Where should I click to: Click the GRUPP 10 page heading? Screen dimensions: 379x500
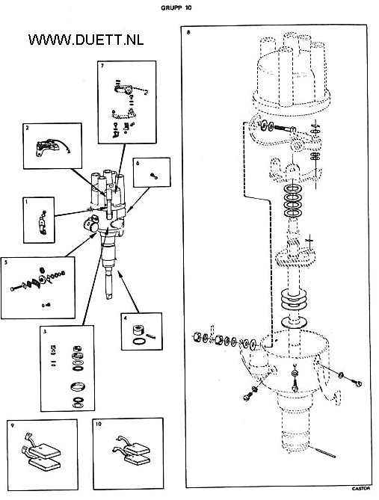point(176,8)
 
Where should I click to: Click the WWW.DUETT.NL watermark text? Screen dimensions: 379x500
point(86,40)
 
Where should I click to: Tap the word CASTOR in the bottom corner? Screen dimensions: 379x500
point(361,488)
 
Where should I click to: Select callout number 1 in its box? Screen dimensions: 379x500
point(26,202)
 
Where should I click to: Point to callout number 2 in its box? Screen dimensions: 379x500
point(28,128)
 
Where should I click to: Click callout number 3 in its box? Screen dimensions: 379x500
point(45,331)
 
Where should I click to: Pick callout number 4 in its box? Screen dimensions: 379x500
point(126,318)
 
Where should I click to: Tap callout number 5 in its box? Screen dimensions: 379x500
point(6,262)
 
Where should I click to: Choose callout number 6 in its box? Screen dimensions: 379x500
point(138,163)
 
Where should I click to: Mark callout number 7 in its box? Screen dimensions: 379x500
point(102,66)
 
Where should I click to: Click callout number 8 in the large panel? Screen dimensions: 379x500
point(188,32)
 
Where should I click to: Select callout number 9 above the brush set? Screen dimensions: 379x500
point(12,425)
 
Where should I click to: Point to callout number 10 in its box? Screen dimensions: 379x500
point(98,424)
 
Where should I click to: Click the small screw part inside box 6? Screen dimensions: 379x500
point(155,176)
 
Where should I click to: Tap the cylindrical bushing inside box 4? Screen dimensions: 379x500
point(139,330)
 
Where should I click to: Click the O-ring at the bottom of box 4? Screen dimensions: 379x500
point(139,342)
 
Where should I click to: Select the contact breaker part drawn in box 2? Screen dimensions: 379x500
point(48,147)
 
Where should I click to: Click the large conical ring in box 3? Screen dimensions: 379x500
point(78,386)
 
